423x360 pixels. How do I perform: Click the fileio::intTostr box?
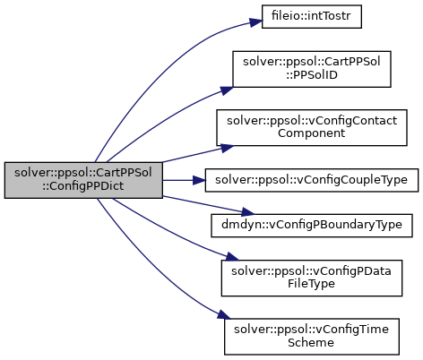click(x=312, y=17)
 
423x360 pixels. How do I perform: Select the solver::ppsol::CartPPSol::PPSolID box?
click(x=312, y=69)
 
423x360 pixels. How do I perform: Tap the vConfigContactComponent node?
click(x=312, y=127)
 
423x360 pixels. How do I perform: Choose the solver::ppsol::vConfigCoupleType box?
click(x=312, y=180)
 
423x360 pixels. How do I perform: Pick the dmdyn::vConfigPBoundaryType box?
click(x=312, y=226)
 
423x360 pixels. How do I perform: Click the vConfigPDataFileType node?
click(x=312, y=278)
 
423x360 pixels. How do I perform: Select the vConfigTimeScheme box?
click(x=312, y=337)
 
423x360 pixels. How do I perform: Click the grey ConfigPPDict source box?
click(x=83, y=180)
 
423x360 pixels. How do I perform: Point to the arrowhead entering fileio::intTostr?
click(x=256, y=22)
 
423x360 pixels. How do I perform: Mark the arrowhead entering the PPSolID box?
click(x=227, y=90)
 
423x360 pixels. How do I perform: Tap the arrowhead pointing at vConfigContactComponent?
click(x=227, y=148)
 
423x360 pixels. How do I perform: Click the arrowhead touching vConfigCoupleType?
click(x=199, y=180)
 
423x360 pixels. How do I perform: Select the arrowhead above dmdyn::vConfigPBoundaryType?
click(x=248, y=212)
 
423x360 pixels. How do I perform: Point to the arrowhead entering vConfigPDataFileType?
click(x=232, y=256)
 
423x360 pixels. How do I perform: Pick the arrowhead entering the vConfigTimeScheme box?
click(x=224, y=314)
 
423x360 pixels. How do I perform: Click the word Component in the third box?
click(x=311, y=133)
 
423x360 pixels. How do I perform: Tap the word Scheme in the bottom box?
click(x=311, y=342)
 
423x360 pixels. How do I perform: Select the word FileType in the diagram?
click(x=311, y=284)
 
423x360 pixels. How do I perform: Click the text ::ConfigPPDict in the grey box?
click(x=82, y=186)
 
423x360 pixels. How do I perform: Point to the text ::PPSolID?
click(x=312, y=75)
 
